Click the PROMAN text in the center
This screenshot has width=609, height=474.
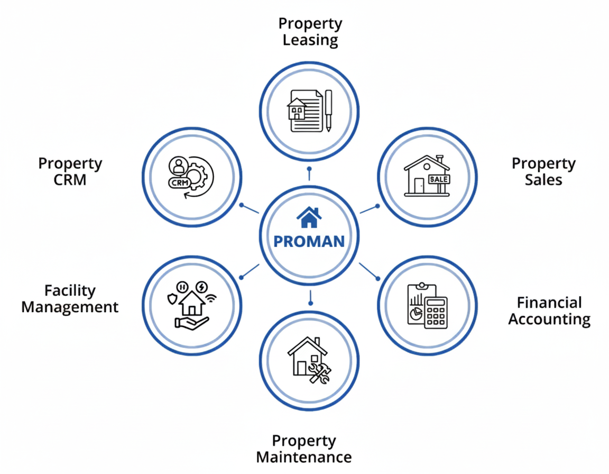309,242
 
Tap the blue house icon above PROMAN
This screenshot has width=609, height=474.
309,216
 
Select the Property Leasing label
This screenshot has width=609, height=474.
310,32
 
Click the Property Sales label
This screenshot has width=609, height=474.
543,171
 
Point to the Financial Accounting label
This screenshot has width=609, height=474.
549,311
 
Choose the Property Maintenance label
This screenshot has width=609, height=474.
304,448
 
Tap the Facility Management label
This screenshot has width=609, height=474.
70,298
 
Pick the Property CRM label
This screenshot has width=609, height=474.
70,171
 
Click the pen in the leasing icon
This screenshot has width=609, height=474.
329,111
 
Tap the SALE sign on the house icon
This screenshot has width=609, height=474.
439,179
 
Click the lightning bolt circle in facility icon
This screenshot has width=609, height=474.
201,286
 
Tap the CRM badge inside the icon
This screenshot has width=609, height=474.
178,183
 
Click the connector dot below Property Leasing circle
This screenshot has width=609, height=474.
310,170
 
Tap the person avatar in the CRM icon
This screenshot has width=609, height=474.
177,166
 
